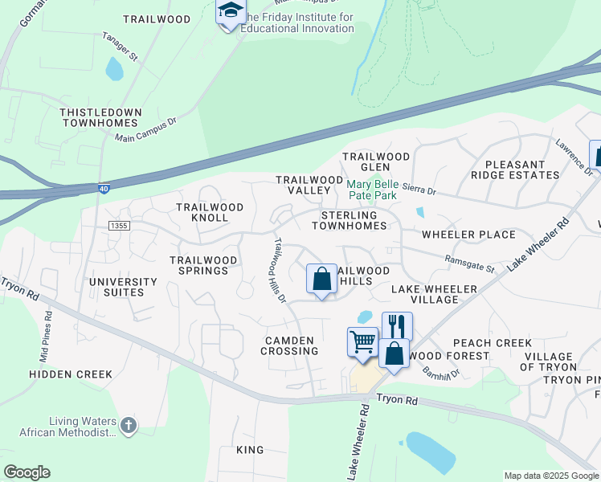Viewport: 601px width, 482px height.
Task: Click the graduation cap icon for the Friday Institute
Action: click(x=230, y=12)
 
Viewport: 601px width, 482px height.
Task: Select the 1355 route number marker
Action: click(x=119, y=227)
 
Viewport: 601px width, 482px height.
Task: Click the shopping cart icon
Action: click(x=362, y=341)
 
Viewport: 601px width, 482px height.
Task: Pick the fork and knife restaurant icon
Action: click(x=397, y=325)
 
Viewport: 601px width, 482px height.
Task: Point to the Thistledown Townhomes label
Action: click(x=100, y=118)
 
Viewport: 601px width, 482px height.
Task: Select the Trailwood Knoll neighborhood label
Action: click(x=209, y=212)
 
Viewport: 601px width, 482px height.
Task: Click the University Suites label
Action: click(x=123, y=287)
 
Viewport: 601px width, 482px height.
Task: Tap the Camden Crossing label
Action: click(x=291, y=345)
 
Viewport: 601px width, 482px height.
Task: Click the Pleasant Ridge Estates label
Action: click(x=526, y=170)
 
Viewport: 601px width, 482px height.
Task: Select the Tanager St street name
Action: click(x=121, y=46)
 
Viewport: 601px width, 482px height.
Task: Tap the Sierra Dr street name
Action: click(x=419, y=192)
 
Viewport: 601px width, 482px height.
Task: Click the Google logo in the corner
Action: click(x=27, y=472)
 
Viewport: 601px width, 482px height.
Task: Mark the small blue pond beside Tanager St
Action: click(x=114, y=70)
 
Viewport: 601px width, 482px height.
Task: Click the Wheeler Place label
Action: click(x=468, y=235)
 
